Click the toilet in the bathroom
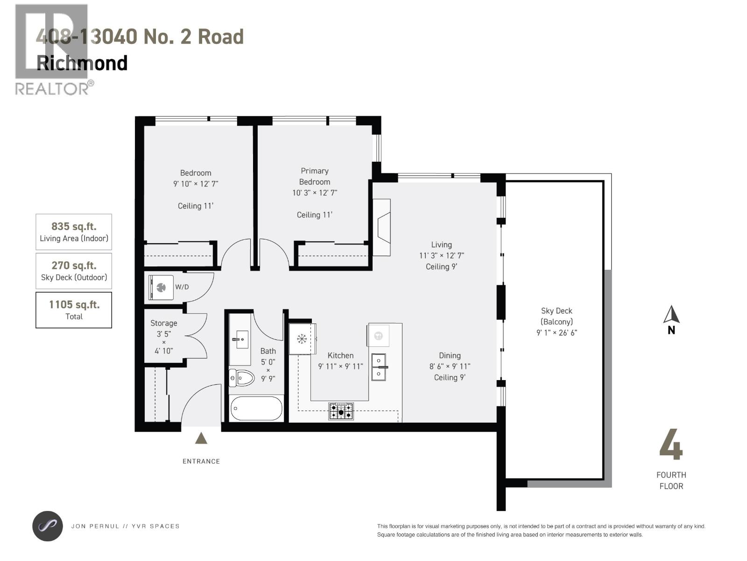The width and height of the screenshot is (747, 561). tap(241, 377)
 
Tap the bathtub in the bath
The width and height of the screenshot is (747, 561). tap(256, 409)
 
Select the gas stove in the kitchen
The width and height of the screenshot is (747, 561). tap(341, 411)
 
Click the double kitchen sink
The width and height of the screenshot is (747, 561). tap(379, 367)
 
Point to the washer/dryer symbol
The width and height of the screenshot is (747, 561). tap(161, 287)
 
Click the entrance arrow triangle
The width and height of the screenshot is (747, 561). tap(201, 438)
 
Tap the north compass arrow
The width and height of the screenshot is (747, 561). tap(671, 315)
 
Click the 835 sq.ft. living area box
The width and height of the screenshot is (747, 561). tap(74, 232)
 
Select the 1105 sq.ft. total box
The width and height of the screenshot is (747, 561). tap(74, 310)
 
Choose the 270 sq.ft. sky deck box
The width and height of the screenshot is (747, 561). tap(74, 271)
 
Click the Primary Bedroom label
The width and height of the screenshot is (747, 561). tap(314, 176)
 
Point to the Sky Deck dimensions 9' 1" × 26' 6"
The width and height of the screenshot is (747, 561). tap(557, 333)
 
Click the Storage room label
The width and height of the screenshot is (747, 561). tap(163, 323)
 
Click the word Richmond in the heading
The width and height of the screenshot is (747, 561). tap(82, 63)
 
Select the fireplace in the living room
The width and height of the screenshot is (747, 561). tap(382, 228)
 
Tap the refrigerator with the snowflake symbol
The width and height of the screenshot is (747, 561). tap(302, 338)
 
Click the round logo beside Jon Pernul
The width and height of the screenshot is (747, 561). tap(47, 526)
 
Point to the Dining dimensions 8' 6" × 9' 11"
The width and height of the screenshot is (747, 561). tap(450, 367)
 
